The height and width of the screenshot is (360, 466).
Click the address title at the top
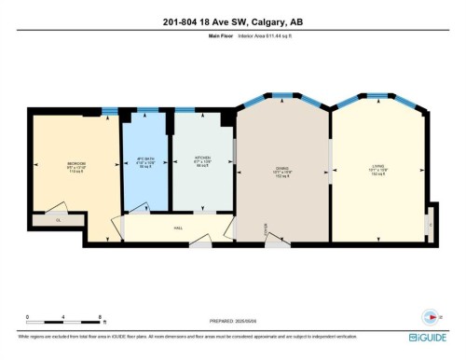click(x=233, y=22)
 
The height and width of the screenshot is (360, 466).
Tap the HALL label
click(x=178, y=227)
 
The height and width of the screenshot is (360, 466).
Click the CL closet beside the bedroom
click(x=57, y=221)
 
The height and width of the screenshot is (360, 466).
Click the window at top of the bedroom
click(x=110, y=113)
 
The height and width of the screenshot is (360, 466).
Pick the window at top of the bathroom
click(x=145, y=110)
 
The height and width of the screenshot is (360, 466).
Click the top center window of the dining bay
click(x=282, y=95)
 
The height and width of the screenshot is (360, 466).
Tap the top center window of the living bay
click(x=378, y=95)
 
